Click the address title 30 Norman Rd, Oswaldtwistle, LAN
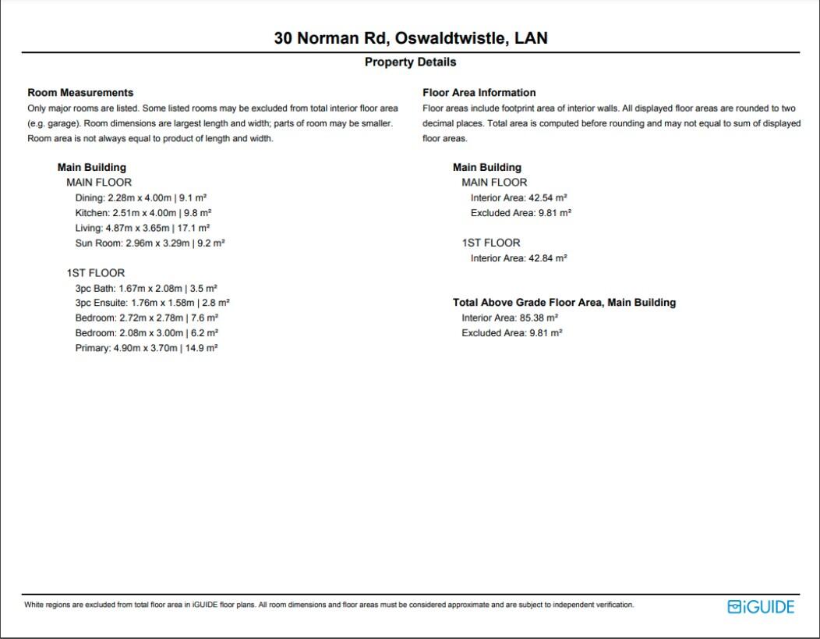pyautogui.click(x=410, y=37)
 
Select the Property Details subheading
pyautogui.click(x=410, y=62)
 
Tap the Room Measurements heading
pyautogui.click(x=80, y=92)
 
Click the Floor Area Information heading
pyautogui.click(x=479, y=92)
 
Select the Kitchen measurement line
pyautogui.click(x=143, y=212)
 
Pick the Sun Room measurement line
pyautogui.click(x=150, y=243)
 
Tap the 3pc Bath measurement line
pyautogui.click(x=146, y=288)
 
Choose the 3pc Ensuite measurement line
pyautogui.click(x=152, y=303)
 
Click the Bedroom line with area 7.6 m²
pyautogui.click(x=147, y=318)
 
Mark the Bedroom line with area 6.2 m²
pyautogui.click(x=147, y=333)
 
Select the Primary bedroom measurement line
pyautogui.click(x=146, y=348)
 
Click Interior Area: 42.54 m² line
pyautogui.click(x=518, y=198)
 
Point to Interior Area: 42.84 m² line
pyautogui.click(x=518, y=258)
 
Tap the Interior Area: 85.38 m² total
pyautogui.click(x=510, y=318)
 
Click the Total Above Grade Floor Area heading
pyautogui.click(x=564, y=302)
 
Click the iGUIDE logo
pyautogui.click(x=760, y=606)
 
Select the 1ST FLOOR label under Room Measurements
pyautogui.click(x=95, y=273)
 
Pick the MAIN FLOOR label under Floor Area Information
pyautogui.click(x=494, y=183)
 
